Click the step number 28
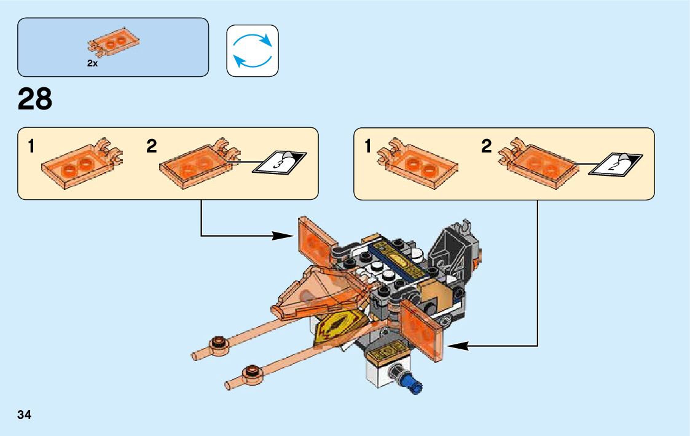point(35,100)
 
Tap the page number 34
point(25,414)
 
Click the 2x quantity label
point(92,63)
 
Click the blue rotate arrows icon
point(253,51)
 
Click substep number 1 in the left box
point(31,147)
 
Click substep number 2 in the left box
point(152,147)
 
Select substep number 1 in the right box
point(368,147)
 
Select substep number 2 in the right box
point(487,147)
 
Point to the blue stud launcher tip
point(412,384)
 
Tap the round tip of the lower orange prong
point(251,371)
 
